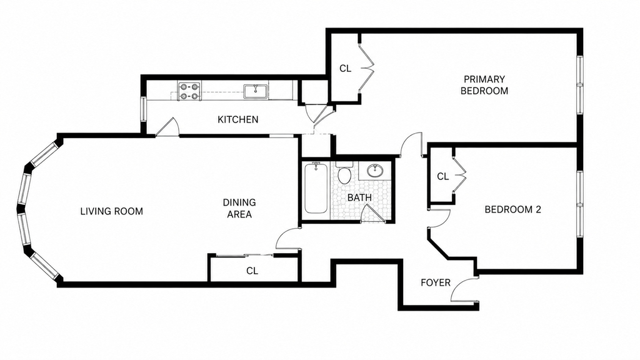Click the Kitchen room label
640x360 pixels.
237,119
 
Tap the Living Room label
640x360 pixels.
111,211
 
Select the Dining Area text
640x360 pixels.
239,208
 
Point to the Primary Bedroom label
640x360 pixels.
484,85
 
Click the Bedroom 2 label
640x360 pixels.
512,210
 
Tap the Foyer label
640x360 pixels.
436,282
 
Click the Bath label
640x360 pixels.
359,197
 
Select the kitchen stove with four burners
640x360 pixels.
189,91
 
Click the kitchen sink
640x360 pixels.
256,91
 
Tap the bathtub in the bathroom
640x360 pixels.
316,188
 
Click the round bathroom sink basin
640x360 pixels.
375,170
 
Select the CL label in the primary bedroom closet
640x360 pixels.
345,69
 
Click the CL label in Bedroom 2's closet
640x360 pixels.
443,177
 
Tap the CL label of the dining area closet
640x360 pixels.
252,271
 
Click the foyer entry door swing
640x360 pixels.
464,290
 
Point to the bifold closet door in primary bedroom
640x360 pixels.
366,68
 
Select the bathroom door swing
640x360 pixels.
372,214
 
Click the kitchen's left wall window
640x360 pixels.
143,109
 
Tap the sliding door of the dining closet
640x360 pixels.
244,256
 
